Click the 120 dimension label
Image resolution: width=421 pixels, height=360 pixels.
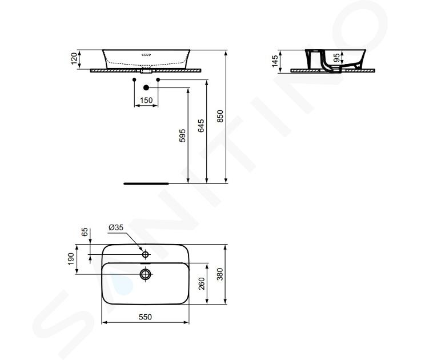[74, 58]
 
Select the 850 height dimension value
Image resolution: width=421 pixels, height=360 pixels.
[220, 116]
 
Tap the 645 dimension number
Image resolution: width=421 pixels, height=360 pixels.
[201, 126]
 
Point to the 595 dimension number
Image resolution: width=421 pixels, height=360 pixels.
[182, 135]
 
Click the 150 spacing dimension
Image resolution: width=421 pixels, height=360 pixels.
[146, 100]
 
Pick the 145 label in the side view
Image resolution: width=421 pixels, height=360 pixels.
[275, 61]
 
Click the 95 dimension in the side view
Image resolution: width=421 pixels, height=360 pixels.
[336, 58]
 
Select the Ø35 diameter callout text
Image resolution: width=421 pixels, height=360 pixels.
[116, 227]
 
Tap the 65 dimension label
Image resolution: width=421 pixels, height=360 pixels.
[85, 232]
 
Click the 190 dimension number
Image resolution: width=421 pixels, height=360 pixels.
[71, 259]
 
